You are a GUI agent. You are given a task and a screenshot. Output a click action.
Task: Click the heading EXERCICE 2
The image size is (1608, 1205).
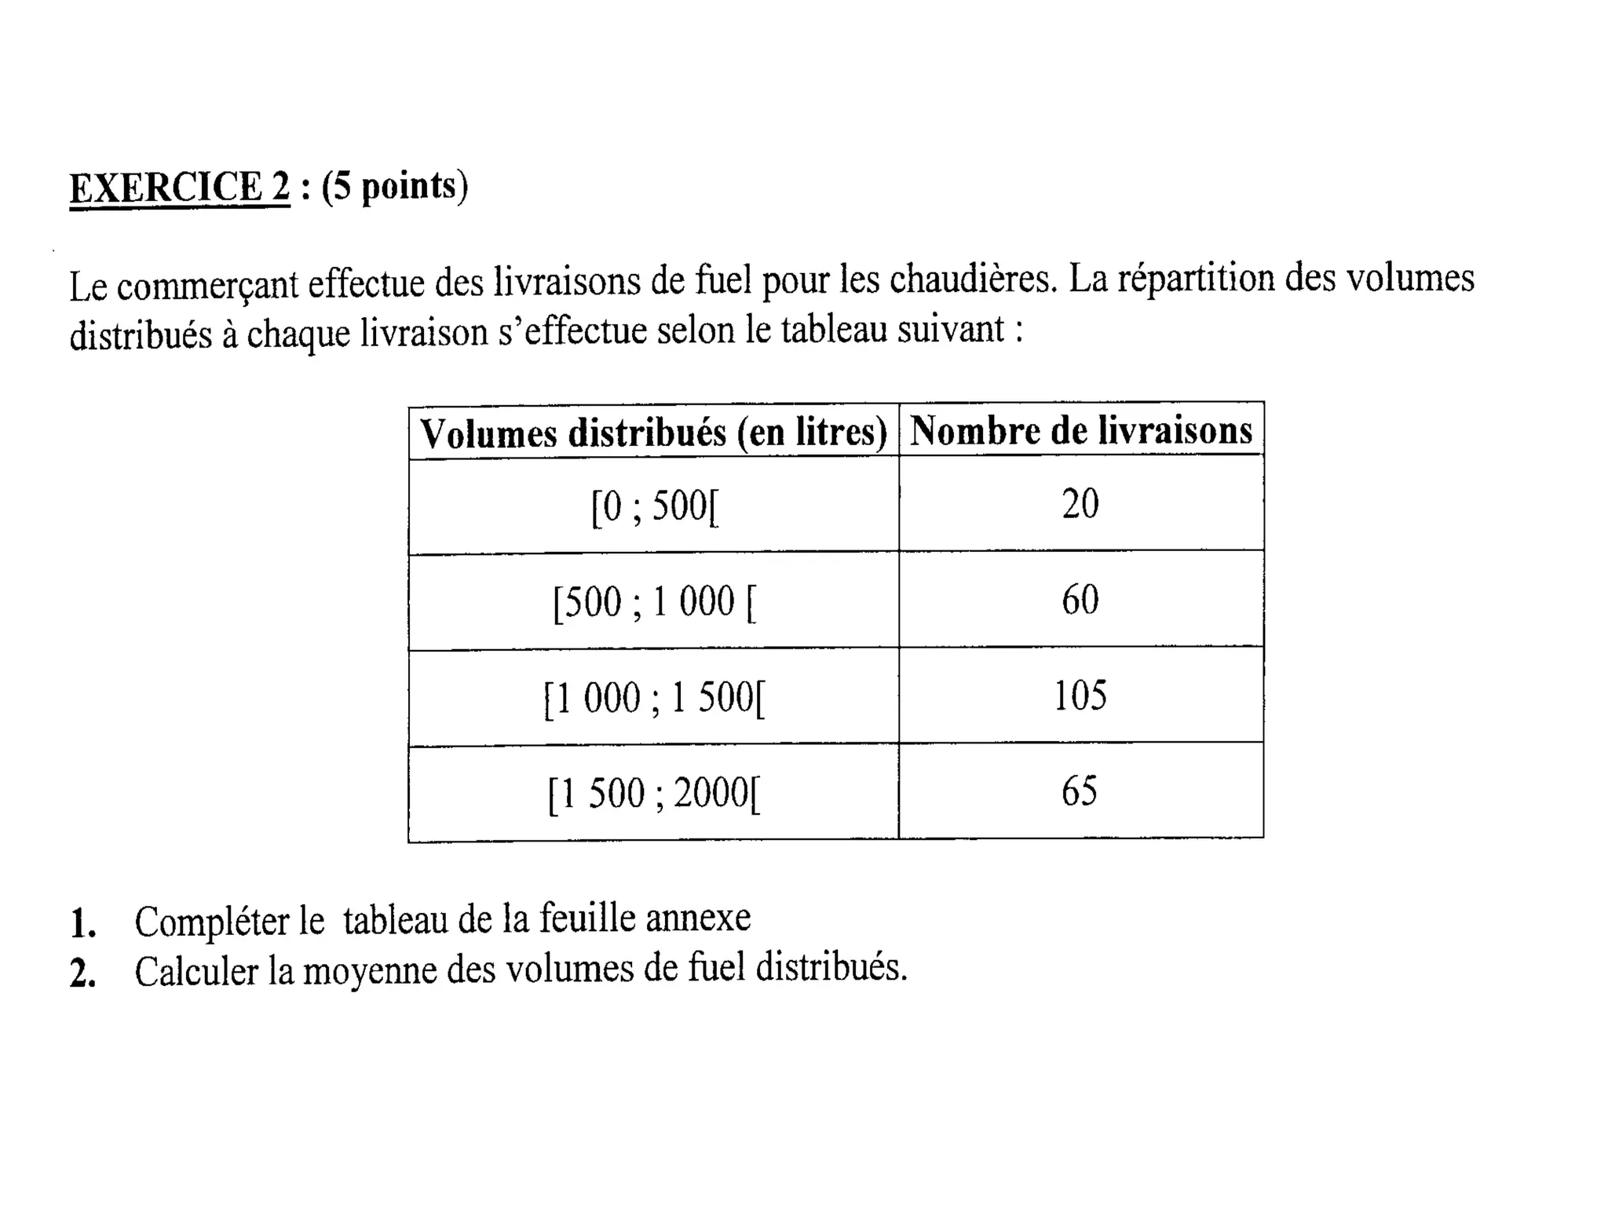(179, 188)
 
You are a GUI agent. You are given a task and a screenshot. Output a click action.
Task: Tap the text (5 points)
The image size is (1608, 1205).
(395, 187)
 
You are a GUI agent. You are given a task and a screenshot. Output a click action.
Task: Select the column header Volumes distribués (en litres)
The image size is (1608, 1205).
(653, 433)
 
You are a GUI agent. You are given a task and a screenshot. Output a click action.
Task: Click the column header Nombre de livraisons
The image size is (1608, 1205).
(1080, 431)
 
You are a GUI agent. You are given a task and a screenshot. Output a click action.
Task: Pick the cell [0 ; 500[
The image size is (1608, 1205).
(654, 506)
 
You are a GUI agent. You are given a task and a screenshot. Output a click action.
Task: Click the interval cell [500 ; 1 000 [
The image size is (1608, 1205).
(654, 603)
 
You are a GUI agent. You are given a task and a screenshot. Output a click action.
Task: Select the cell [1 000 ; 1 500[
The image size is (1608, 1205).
(654, 698)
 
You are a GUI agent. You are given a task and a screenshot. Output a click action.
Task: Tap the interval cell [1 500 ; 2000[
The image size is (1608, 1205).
(654, 793)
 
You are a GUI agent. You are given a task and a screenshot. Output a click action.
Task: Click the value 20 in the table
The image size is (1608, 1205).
(1080, 504)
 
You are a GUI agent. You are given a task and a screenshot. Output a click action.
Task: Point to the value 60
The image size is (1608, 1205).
(1080, 601)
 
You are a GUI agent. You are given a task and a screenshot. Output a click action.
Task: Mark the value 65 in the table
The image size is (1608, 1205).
(1080, 791)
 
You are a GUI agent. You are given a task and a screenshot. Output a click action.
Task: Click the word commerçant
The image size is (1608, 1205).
(207, 285)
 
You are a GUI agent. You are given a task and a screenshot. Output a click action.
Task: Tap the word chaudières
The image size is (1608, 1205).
(973, 280)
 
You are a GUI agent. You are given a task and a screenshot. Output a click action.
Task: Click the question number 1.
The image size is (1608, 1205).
(82, 924)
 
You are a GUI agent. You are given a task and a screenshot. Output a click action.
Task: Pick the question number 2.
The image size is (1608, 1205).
(82, 974)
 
